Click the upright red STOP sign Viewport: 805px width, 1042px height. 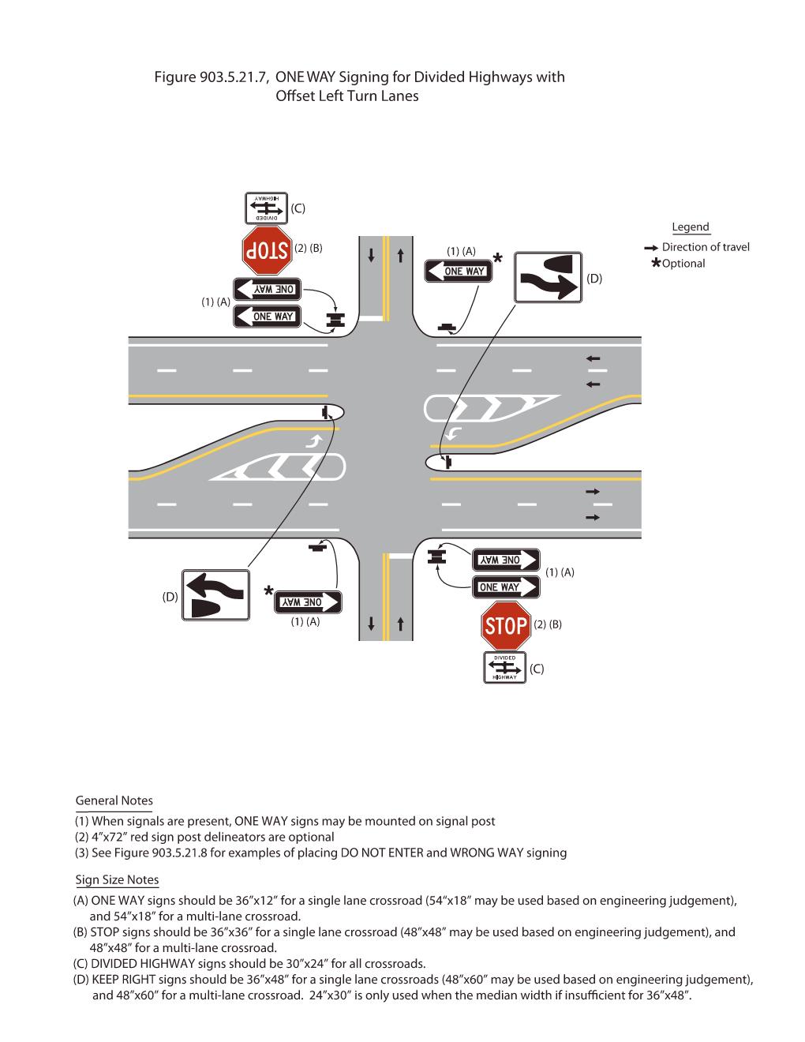point(505,626)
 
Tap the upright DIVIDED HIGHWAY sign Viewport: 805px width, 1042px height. point(505,667)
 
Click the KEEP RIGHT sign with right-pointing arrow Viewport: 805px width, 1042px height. point(548,277)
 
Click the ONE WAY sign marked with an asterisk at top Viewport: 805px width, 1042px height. point(459,272)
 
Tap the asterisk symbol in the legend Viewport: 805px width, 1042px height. point(656,264)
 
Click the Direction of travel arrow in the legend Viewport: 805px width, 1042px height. point(651,247)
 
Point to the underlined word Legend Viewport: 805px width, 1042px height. point(691,227)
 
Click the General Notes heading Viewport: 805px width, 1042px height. point(114,800)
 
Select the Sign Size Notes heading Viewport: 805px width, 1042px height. point(117,879)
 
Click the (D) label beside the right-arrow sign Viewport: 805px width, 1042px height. point(594,279)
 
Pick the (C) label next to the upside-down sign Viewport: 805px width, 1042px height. point(297,208)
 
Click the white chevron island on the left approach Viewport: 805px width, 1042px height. point(284,467)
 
